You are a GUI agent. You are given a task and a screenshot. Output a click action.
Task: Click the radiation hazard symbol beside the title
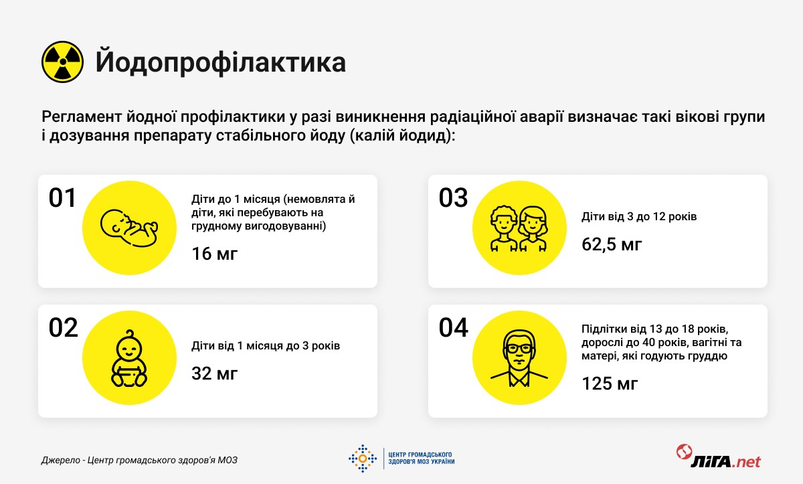63,62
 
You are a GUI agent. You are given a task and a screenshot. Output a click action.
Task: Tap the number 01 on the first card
62,197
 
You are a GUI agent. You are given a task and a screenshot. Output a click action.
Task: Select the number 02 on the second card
63,327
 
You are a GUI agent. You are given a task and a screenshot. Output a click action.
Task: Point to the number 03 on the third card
453,197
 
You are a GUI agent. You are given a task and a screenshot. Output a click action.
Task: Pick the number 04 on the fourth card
453,327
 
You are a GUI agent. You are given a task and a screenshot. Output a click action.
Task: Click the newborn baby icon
129,228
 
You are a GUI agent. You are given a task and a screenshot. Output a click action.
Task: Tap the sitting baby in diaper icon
129,358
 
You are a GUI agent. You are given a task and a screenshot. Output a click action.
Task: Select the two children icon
519,228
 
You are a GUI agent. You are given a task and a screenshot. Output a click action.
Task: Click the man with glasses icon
519,358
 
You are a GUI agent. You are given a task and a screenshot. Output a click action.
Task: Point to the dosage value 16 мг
214,254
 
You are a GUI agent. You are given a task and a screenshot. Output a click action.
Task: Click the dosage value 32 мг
214,374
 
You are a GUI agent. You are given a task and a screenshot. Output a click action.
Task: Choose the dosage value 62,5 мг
612,244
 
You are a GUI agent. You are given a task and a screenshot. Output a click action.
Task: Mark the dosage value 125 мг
610,384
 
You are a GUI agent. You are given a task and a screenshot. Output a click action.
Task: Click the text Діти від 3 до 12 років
639,216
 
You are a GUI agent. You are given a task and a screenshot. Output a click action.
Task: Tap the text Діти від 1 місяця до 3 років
266,345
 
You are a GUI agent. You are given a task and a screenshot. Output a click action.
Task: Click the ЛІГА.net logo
719,457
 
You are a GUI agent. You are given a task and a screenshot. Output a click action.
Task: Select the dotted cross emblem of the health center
363,458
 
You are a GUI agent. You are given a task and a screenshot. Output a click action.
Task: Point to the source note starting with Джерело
139,460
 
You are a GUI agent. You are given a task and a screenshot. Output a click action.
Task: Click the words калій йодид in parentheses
400,136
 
